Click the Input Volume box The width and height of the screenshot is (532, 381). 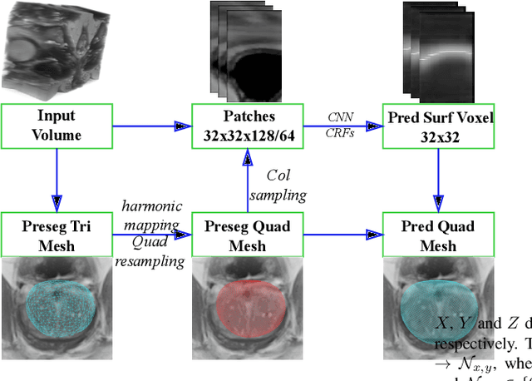(56, 126)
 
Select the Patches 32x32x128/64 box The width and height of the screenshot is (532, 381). (247, 126)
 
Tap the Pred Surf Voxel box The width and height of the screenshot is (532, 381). (438, 126)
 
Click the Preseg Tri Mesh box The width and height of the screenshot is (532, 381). (56, 235)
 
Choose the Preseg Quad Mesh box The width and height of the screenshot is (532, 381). (247, 235)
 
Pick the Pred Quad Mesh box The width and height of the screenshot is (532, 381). (438, 235)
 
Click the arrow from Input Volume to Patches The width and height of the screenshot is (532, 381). (150, 126)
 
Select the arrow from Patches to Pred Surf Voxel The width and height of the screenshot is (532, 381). (341, 126)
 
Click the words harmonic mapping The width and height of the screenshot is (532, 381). (152, 214)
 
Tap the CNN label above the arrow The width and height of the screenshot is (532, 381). (342, 117)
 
